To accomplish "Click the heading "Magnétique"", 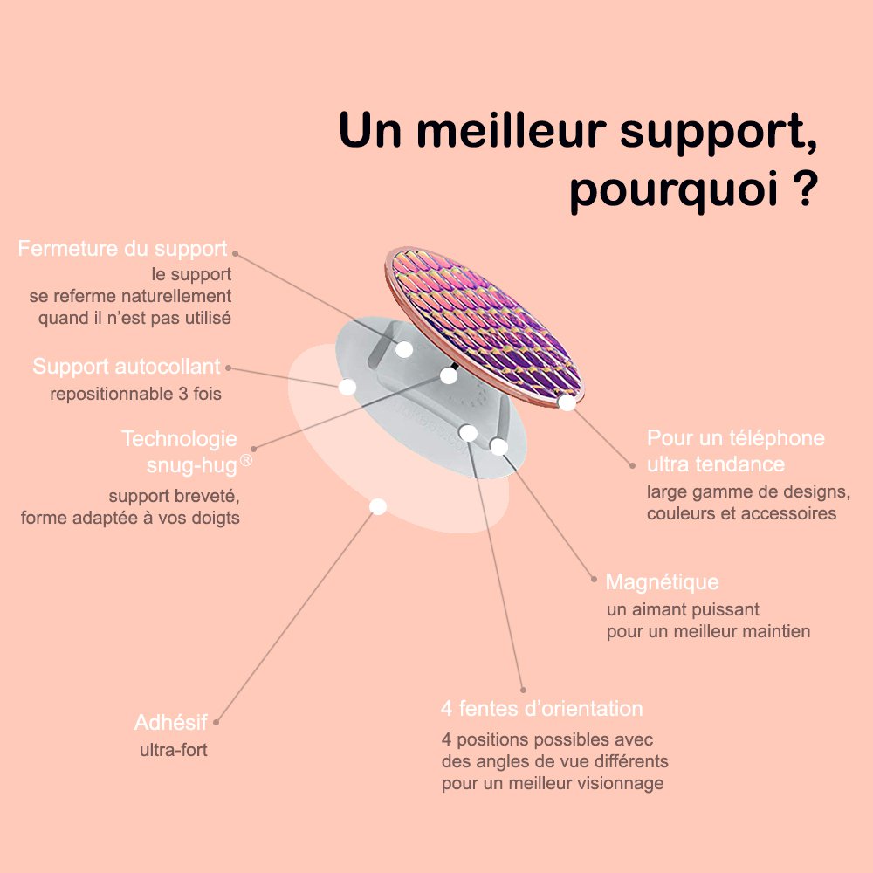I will point(662,581).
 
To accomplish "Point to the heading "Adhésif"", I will point(171,723).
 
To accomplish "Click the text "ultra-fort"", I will point(174,749).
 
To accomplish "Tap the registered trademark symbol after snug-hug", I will point(246,460).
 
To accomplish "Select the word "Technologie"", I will point(179,438).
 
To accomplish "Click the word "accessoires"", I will point(790,513).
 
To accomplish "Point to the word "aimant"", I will point(654,608).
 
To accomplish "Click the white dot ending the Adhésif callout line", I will point(378,506).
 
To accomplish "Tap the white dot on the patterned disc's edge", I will point(567,402).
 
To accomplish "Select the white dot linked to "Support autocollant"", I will point(347,387).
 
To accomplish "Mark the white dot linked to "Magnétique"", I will point(498,447).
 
